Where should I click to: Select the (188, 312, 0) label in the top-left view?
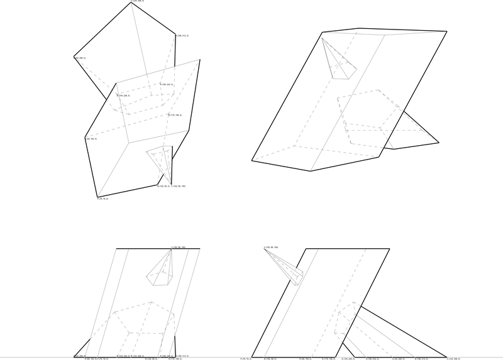pos(182,36)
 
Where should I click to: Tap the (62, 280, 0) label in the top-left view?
pos(80,58)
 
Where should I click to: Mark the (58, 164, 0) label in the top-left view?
pos(91,138)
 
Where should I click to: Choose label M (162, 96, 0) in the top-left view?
pos(163,187)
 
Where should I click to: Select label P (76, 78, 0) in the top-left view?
pos(102,199)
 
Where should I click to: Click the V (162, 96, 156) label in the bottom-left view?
pos(179,247)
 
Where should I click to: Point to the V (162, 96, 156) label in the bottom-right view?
pos(270,248)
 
